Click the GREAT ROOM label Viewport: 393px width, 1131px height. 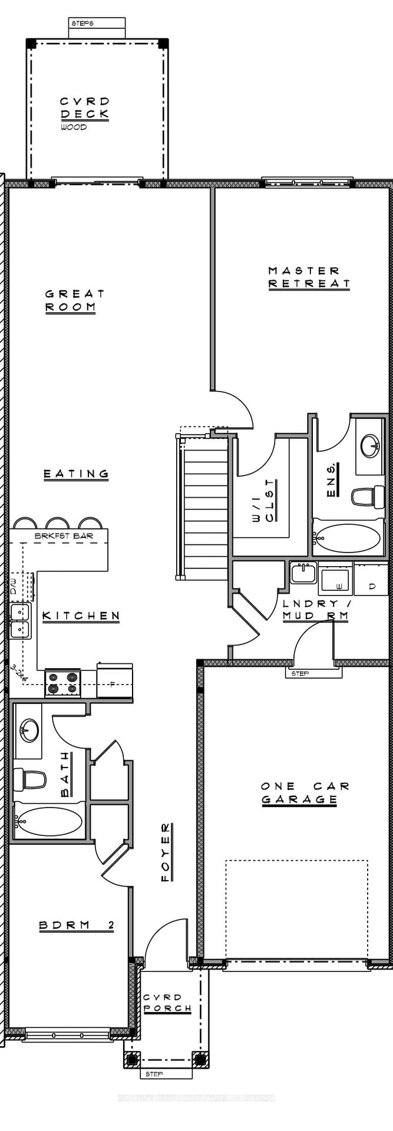pyautogui.click(x=74, y=300)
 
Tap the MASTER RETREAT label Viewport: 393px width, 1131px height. pyautogui.click(x=309, y=277)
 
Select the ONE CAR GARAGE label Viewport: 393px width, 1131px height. pyautogui.click(x=304, y=792)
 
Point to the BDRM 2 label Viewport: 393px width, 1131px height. pyautogui.click(x=77, y=925)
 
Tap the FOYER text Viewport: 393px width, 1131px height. pyautogui.click(x=167, y=852)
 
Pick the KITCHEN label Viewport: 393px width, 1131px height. pyautogui.click(x=81, y=616)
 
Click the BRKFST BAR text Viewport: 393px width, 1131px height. pyautogui.click(x=63, y=536)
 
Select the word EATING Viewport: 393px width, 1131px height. pyautogui.click(x=77, y=474)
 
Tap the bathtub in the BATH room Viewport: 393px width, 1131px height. pyautogui.click(x=49, y=821)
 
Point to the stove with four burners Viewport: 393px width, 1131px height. pyautogui.click(x=63, y=683)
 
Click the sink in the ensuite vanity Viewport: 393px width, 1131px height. pyautogui.click(x=370, y=445)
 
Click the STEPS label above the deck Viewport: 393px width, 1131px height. pyautogui.click(x=82, y=24)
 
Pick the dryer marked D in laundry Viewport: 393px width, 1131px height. pyautogui.click(x=371, y=587)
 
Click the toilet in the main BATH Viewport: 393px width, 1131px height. pyautogui.click(x=30, y=779)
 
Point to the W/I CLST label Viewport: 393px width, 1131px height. pyautogui.click(x=263, y=501)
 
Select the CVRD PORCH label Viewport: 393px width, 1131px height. pyautogui.click(x=167, y=1003)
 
